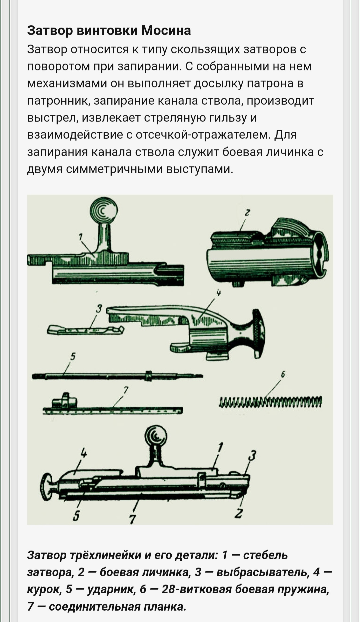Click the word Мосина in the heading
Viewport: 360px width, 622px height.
click(x=166, y=31)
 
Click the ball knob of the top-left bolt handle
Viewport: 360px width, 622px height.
click(x=104, y=210)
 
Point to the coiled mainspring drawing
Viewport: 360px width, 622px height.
click(x=270, y=402)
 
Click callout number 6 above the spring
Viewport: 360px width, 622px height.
click(x=283, y=374)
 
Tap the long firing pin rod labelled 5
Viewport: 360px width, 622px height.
click(x=117, y=376)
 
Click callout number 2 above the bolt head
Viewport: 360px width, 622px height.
click(x=247, y=212)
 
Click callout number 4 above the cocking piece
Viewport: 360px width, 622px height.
click(x=219, y=293)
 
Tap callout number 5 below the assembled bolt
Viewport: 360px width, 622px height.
click(x=76, y=516)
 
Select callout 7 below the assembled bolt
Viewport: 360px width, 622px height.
click(x=132, y=519)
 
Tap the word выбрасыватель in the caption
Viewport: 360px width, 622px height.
click(x=262, y=572)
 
